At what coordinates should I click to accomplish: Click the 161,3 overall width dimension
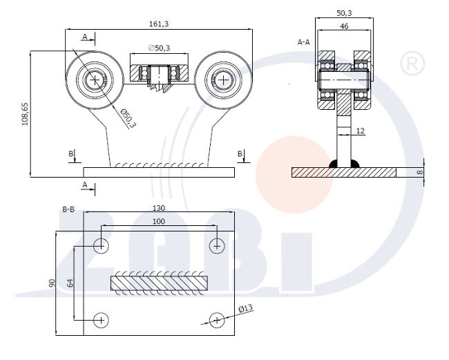(158, 23)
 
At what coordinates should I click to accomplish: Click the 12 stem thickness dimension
(360, 130)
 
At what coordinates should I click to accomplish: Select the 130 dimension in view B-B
(158, 207)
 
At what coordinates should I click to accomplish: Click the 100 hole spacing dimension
(158, 220)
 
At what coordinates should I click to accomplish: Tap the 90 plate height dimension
(50, 283)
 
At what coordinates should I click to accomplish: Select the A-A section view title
(303, 42)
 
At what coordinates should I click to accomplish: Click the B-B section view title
(68, 207)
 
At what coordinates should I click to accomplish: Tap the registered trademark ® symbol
(412, 64)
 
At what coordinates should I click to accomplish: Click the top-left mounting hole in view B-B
(101, 245)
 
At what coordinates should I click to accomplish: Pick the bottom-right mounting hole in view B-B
(217, 319)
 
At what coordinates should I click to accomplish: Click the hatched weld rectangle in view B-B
(158, 282)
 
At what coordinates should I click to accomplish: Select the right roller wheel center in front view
(222, 80)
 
